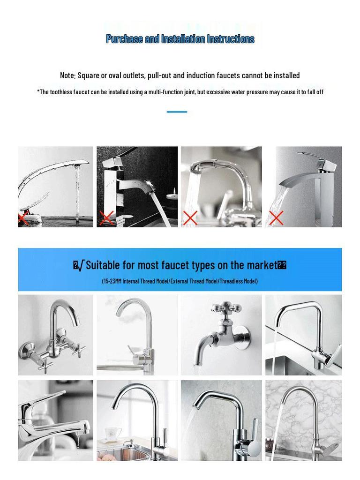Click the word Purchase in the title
[124, 39]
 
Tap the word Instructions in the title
[232, 39]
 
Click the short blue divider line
[177, 112]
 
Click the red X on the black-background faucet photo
[106, 218]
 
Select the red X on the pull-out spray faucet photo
[190, 218]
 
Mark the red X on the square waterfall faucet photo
[276, 218]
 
